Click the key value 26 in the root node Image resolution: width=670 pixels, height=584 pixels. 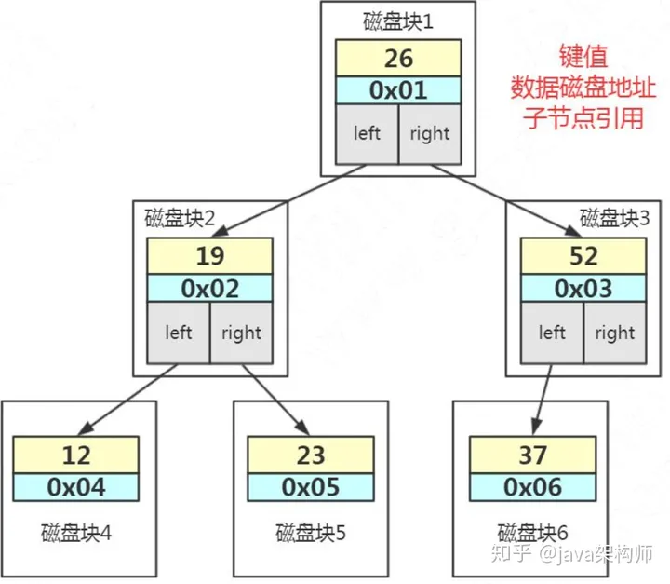pyautogui.click(x=398, y=58)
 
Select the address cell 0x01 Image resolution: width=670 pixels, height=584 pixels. pyautogui.click(x=398, y=90)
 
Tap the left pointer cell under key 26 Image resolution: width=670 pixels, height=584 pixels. pyautogui.click(x=367, y=134)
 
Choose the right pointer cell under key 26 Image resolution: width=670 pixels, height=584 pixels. pyautogui.click(x=430, y=134)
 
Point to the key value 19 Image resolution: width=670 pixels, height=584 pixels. pyautogui.click(x=209, y=256)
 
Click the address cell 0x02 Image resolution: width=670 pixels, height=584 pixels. pyautogui.click(x=209, y=289)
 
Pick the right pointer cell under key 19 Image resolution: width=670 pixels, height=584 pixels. pyautogui.click(x=241, y=333)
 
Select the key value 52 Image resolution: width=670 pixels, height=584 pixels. pyautogui.click(x=583, y=256)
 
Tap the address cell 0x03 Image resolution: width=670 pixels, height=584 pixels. pyautogui.click(x=583, y=289)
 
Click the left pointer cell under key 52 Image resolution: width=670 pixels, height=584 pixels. pyautogui.click(x=552, y=333)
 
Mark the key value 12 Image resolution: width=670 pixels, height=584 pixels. pyautogui.click(x=76, y=455)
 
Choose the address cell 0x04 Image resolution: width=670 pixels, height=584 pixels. pyautogui.click(x=76, y=487)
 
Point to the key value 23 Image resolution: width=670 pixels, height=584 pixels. pyautogui.click(x=311, y=455)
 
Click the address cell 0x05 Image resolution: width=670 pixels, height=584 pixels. pyautogui.click(x=311, y=487)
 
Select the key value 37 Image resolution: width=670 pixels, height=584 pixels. pyautogui.click(x=532, y=455)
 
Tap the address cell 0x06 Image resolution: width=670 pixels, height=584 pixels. pyautogui.click(x=532, y=487)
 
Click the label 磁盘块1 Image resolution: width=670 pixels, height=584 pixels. pyautogui.click(x=398, y=21)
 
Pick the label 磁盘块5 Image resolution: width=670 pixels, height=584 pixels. pyautogui.click(x=311, y=533)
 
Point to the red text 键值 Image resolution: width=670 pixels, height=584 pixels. pyautogui.click(x=583, y=56)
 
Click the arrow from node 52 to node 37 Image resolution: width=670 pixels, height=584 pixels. pyautogui.click(x=543, y=400)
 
